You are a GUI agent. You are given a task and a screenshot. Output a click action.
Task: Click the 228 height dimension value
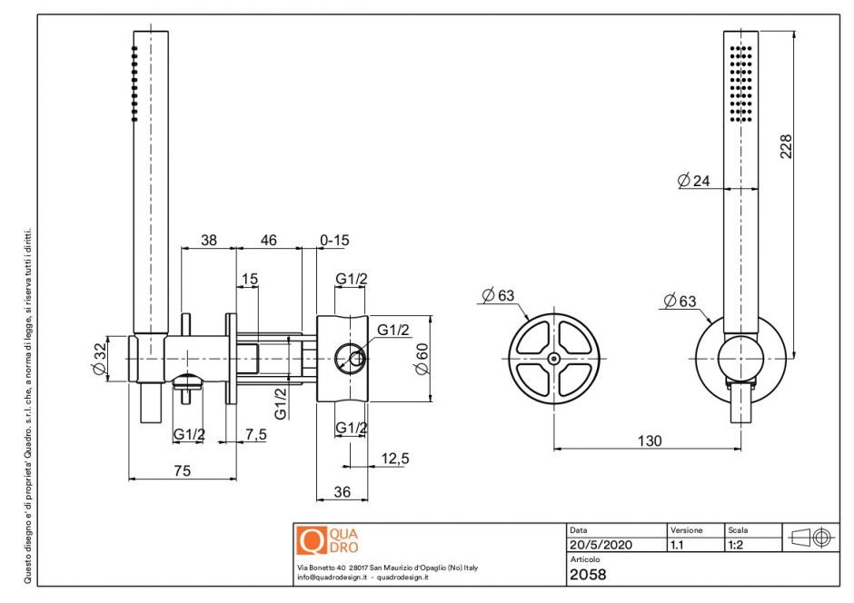(787, 146)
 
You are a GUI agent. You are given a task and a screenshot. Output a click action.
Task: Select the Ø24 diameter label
(693, 181)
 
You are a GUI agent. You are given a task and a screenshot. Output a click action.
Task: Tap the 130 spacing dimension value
(649, 440)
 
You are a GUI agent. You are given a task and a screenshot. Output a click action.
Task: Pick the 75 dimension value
(182, 470)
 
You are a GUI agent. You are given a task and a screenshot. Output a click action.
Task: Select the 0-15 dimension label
(334, 241)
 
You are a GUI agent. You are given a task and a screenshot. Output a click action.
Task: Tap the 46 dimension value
(269, 241)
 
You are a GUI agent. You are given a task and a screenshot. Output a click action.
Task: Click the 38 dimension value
(209, 241)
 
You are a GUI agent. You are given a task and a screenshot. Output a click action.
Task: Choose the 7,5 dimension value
(256, 435)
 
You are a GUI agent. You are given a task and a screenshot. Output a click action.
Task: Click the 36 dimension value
(342, 491)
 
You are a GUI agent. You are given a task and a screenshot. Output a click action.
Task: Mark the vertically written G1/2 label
(281, 401)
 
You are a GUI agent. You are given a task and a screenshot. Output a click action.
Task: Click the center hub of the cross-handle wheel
(553, 359)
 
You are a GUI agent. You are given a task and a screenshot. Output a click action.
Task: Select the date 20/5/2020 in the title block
(600, 546)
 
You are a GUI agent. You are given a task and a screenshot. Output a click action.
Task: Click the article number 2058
(588, 574)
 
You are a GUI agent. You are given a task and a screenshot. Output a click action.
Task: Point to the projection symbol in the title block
(811, 538)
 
